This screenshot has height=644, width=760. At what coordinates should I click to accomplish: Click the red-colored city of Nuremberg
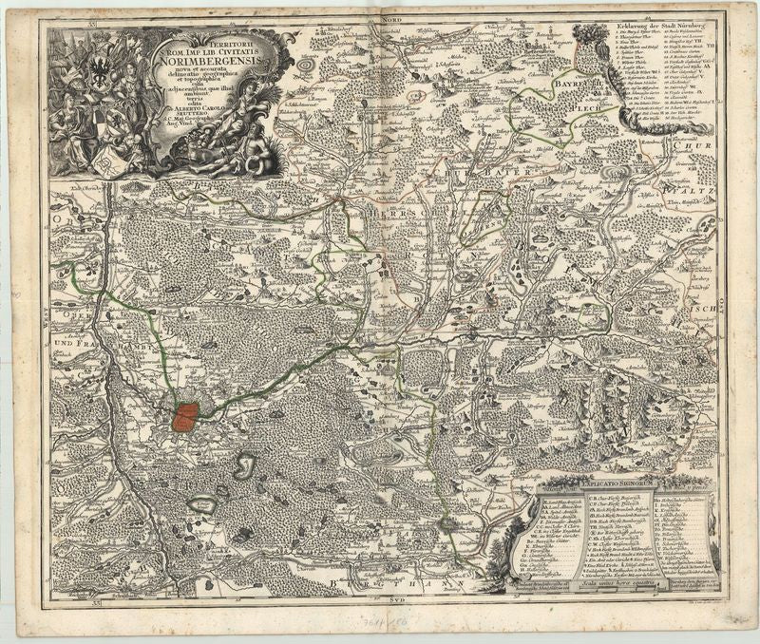[x=186, y=415]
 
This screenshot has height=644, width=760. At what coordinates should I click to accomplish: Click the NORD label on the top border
[x=385, y=18]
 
